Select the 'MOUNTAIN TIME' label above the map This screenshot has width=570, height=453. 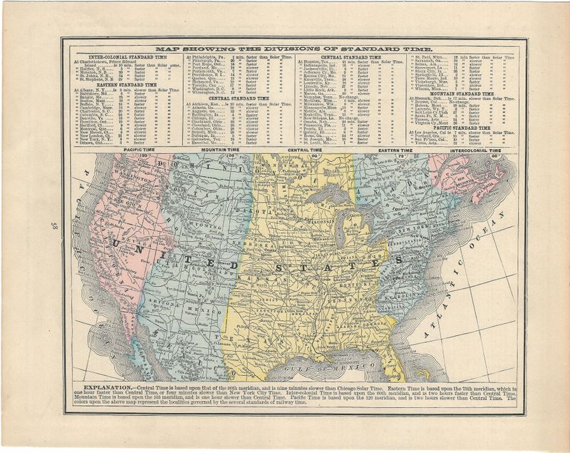point(202,151)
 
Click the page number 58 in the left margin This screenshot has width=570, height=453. point(54,228)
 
